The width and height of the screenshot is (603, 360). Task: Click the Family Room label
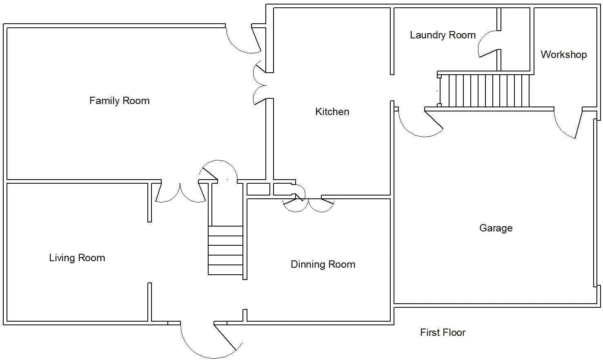119,101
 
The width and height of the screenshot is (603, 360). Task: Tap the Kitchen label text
332,112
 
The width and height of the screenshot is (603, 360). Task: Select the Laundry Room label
443,35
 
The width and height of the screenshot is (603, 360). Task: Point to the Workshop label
564,55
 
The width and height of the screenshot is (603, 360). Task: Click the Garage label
496,228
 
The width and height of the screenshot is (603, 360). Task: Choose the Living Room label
77,258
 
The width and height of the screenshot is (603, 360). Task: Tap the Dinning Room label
323,264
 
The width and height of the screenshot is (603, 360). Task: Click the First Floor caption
443,333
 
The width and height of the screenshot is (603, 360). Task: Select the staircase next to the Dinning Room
226,250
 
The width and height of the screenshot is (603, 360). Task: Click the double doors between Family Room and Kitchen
259,83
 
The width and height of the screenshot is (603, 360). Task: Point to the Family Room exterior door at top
244,40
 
